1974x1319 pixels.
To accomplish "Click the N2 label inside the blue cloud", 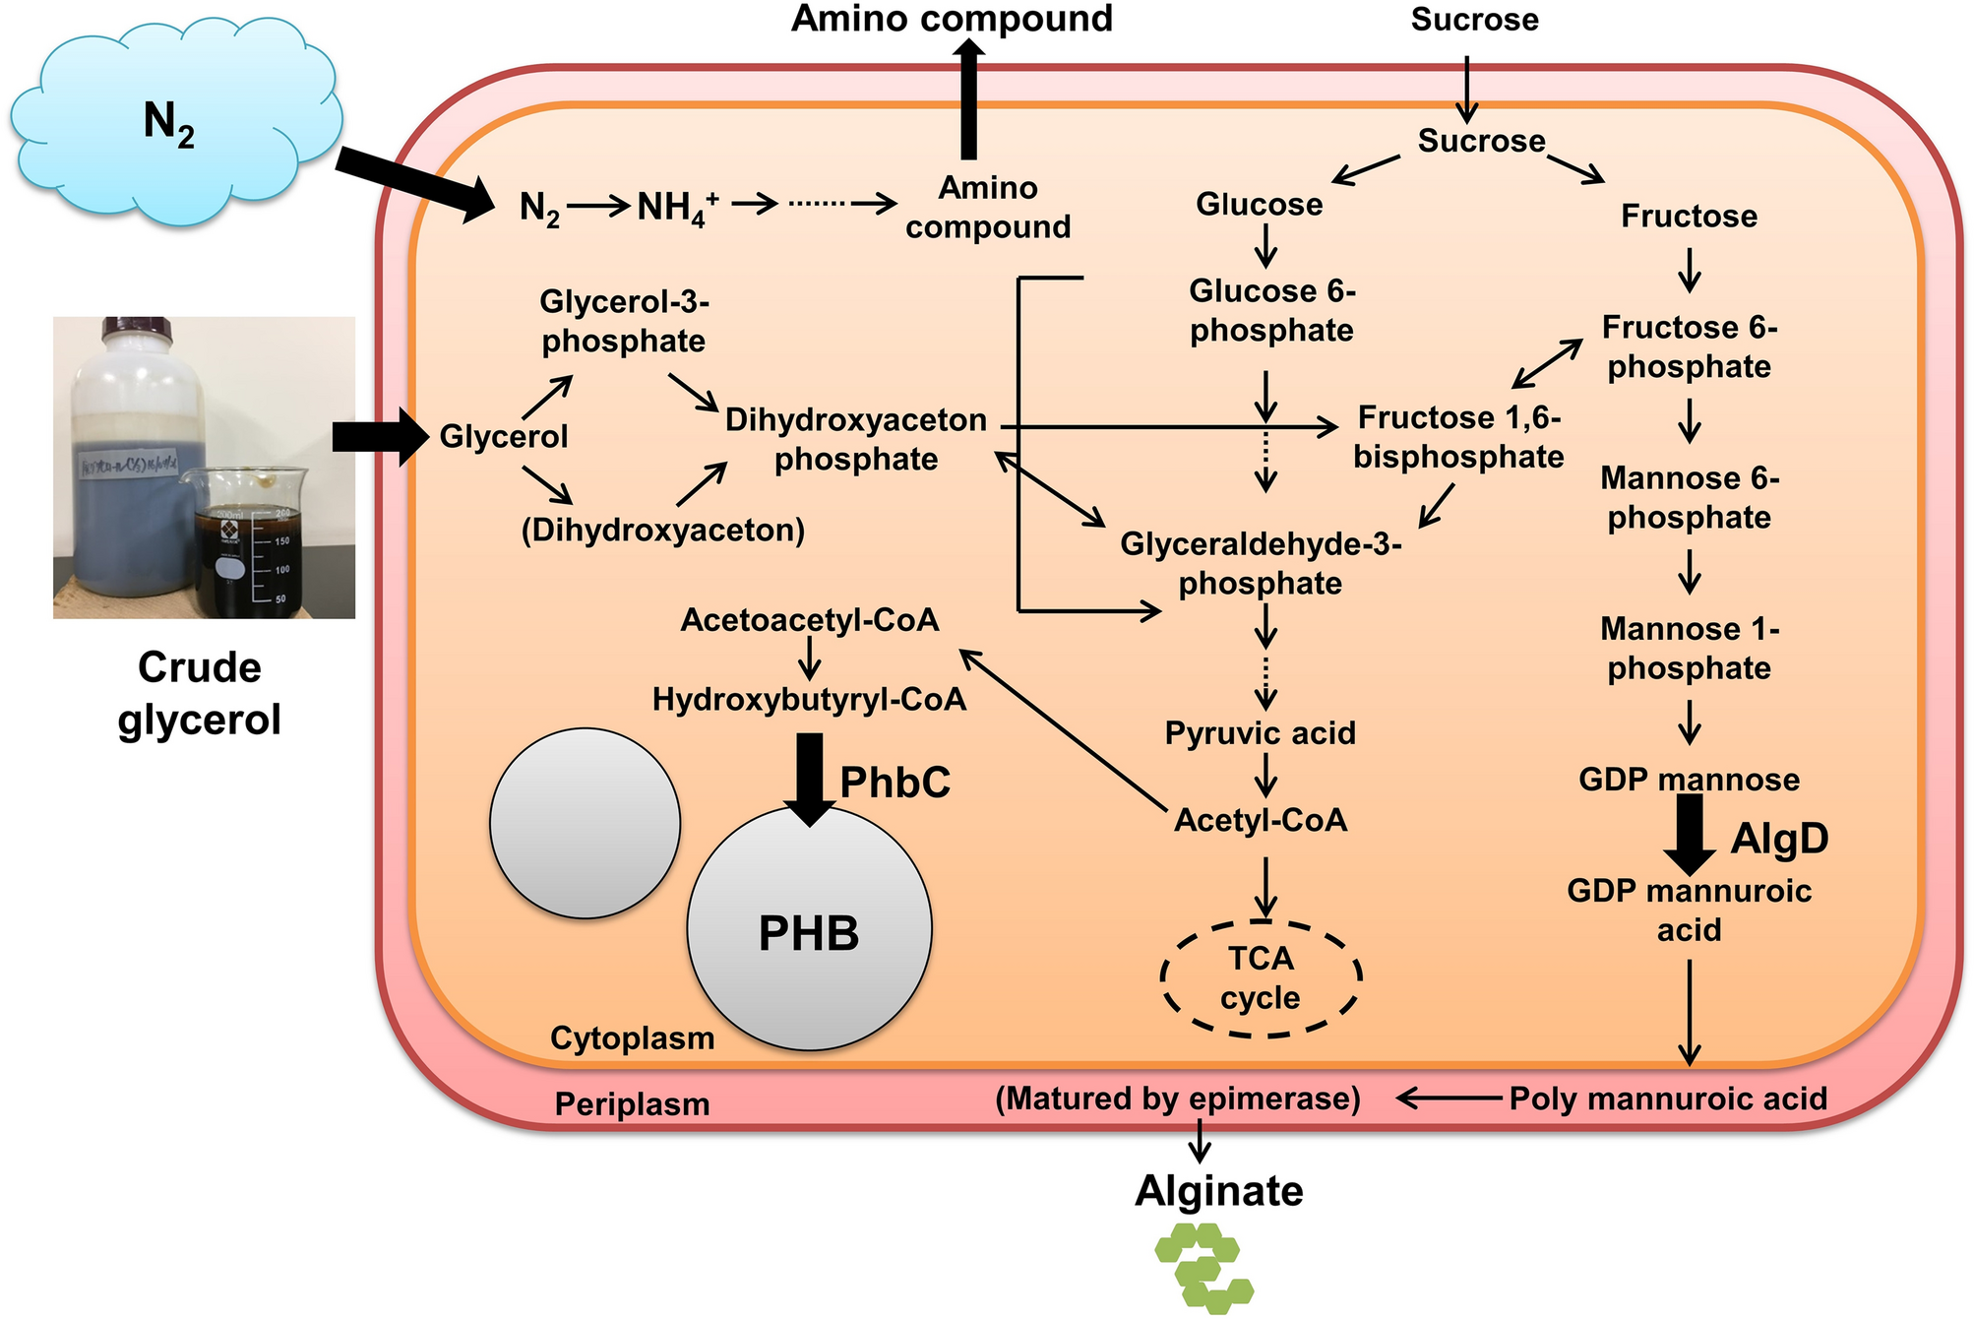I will click(168, 123).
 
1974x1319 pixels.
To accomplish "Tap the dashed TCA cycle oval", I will click(1261, 978).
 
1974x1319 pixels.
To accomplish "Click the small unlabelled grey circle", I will click(585, 824).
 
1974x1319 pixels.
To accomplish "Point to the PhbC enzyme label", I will click(894, 783).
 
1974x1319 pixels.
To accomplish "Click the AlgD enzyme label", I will click(1779, 839).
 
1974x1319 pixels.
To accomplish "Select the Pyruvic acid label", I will click(1260, 733).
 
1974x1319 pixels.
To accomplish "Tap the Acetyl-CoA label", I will click(1261, 820).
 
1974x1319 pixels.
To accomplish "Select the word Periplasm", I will click(632, 1104).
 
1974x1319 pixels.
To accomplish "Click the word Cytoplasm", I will click(632, 1038).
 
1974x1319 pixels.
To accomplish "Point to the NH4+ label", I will click(677, 207).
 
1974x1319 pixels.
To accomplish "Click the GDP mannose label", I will click(1689, 780).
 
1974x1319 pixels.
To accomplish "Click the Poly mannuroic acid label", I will click(1667, 1099).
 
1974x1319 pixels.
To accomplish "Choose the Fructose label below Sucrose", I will click(1689, 216).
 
